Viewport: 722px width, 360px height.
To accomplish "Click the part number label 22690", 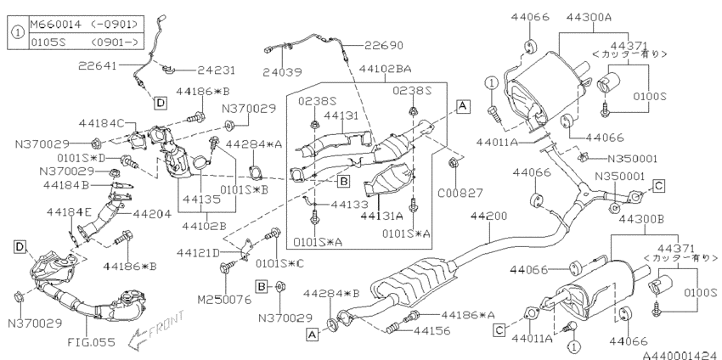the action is point(384,45).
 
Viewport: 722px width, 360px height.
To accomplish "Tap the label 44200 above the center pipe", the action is point(488,217).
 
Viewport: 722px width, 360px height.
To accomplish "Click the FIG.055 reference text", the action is point(91,342).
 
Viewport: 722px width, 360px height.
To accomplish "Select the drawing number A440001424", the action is point(681,356).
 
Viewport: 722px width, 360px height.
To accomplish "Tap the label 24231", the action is point(217,70).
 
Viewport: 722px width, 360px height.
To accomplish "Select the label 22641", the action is point(97,66).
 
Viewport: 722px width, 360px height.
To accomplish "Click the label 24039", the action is point(283,72).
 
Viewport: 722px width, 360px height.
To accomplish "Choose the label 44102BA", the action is point(386,69).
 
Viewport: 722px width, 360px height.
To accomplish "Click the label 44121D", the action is point(199,253).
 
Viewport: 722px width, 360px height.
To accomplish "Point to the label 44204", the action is point(152,214).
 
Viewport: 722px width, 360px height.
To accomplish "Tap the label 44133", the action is point(350,204).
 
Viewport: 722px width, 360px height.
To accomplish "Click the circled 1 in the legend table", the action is point(18,32).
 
